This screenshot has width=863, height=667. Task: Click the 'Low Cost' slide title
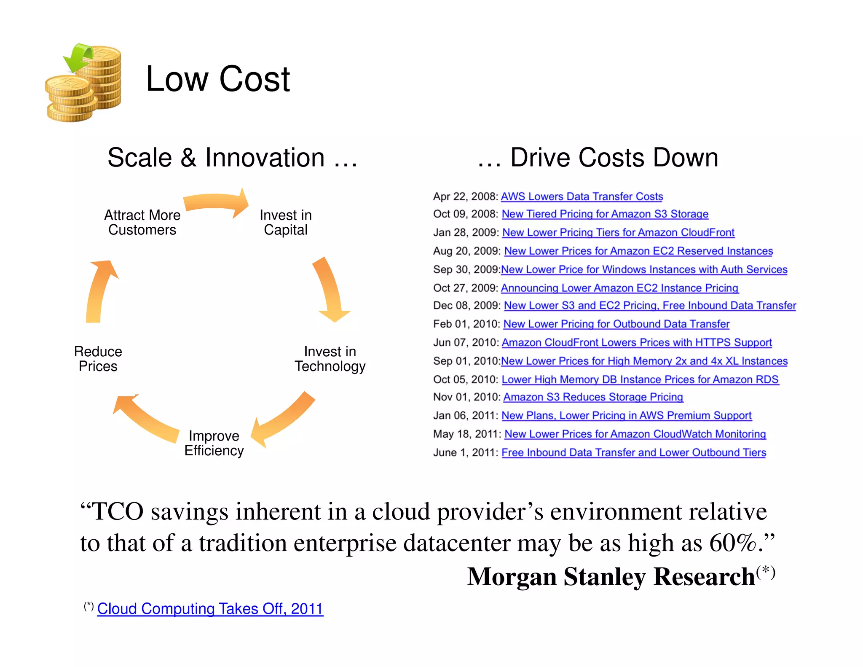217,79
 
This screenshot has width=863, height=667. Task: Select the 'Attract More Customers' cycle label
142,222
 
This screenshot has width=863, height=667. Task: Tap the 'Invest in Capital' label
285,222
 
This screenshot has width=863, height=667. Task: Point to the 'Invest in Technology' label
330,359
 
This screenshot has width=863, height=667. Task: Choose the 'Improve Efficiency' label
214,443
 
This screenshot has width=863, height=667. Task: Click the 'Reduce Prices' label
98,359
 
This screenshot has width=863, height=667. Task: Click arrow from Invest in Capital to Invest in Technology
331,291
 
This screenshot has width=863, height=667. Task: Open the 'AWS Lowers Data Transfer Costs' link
582,196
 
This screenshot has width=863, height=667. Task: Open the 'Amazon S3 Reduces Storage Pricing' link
593,397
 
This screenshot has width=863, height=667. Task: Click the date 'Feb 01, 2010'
466,324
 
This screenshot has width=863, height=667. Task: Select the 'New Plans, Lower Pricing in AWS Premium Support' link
626,416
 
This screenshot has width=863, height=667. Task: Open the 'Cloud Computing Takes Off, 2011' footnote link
210,609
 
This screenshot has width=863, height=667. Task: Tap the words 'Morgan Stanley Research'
611,577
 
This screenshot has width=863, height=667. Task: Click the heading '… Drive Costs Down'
598,158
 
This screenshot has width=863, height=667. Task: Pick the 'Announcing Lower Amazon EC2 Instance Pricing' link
619,288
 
